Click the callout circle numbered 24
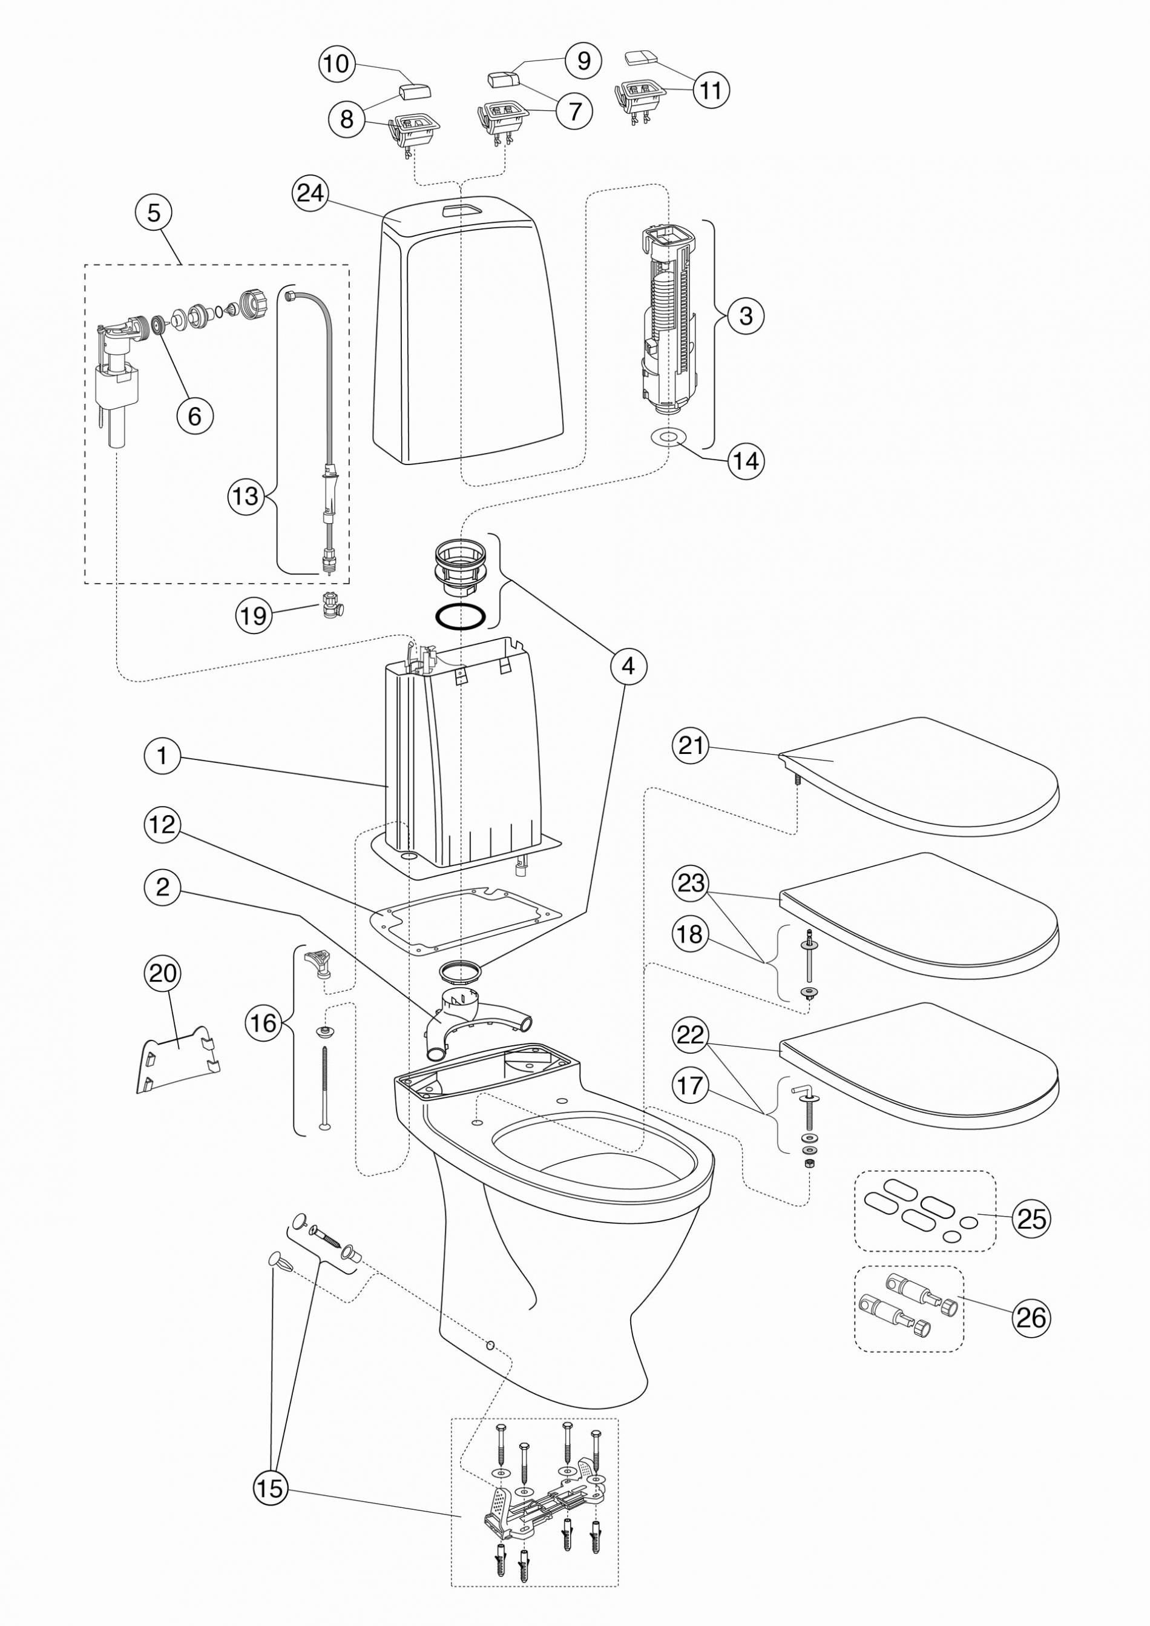point(310,193)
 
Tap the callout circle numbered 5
point(154,212)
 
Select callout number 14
point(746,461)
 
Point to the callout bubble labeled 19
point(253,615)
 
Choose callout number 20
point(163,973)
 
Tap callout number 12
point(163,825)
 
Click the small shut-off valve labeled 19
point(330,605)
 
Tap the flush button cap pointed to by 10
point(416,92)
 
